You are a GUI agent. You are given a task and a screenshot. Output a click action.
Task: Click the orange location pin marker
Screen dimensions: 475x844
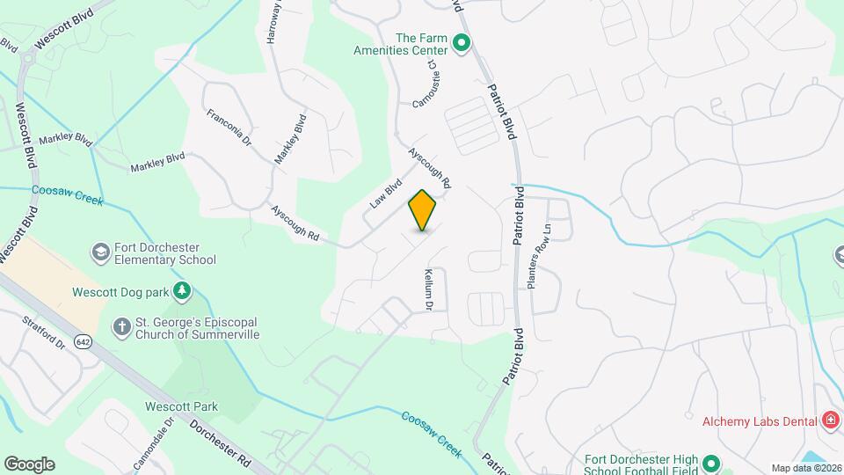tap(422, 210)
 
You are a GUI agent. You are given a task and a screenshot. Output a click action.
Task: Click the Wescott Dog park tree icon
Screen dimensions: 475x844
tap(182, 289)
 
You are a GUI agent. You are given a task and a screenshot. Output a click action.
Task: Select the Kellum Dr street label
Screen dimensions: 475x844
tap(430, 290)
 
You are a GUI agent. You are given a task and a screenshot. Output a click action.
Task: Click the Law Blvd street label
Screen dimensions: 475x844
tap(385, 194)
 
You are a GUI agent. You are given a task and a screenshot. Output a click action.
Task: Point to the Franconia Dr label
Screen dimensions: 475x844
tap(229, 128)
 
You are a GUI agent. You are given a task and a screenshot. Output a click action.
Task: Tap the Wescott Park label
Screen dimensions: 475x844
tap(181, 406)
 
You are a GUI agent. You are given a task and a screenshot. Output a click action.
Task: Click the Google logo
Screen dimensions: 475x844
tap(29, 464)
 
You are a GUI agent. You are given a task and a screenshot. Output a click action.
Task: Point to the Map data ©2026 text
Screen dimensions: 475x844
tap(804, 468)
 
